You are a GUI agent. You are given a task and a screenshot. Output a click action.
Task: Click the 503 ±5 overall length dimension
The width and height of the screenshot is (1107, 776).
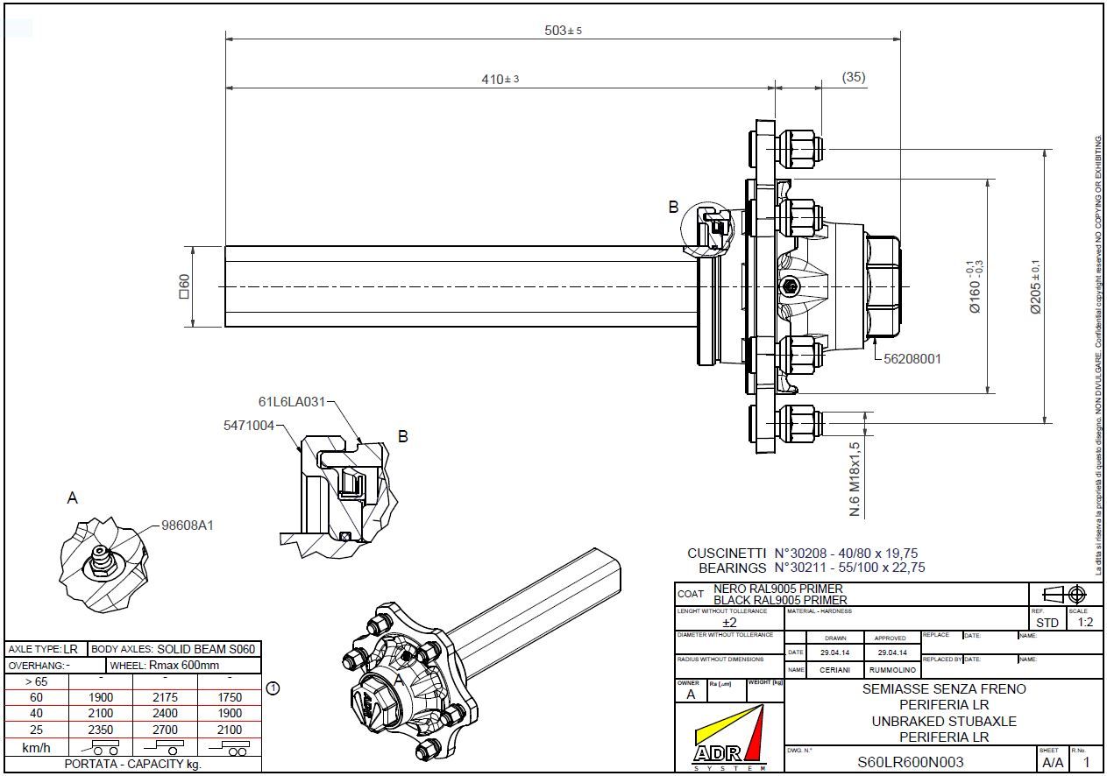[563, 31]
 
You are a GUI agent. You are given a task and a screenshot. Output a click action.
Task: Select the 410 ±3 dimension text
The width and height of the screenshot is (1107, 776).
[500, 80]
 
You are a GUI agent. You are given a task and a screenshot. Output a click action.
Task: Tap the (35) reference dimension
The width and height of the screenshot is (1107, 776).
[854, 77]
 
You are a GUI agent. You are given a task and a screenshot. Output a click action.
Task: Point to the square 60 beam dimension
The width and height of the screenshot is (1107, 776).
[184, 286]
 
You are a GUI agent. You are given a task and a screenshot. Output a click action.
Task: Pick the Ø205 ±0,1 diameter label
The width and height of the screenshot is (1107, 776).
[1035, 286]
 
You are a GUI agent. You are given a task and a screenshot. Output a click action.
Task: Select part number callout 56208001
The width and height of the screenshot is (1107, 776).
[912, 359]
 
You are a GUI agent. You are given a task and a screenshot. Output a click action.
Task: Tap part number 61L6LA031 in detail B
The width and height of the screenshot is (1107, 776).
[291, 402]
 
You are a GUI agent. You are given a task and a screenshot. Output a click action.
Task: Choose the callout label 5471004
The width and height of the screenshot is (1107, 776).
[248, 426]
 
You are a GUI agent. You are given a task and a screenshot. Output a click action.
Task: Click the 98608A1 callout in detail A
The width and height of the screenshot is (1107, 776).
[188, 526]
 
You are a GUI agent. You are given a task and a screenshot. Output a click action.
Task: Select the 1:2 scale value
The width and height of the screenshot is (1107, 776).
[1085, 623]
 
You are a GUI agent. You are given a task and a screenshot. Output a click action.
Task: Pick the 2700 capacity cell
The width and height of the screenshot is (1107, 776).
[165, 730]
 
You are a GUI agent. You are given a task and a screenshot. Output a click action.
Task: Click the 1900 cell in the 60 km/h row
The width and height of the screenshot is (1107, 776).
[101, 697]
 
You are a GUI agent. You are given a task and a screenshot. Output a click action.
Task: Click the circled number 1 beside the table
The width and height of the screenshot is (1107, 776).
[273, 688]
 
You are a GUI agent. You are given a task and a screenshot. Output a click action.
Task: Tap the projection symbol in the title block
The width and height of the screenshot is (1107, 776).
[1065, 595]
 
